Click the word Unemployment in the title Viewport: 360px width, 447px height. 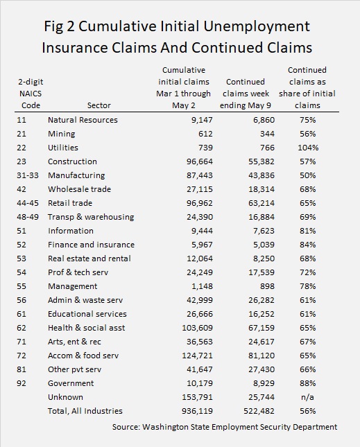257,27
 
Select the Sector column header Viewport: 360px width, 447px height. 98,105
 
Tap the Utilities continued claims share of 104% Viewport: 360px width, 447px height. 308,148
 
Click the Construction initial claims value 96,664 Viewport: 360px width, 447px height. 200,161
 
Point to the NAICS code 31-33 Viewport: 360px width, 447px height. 27,175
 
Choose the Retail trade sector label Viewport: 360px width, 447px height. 70,203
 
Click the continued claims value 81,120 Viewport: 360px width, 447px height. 262,356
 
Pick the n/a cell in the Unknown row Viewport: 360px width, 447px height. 307,397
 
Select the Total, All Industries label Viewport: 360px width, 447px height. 85,411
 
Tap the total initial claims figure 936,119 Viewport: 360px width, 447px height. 197,411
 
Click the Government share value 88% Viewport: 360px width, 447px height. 307,383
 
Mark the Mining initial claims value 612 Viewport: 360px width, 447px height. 205,134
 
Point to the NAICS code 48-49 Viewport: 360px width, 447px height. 27,217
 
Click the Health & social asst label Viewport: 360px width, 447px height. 86,328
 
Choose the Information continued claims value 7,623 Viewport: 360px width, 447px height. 264,231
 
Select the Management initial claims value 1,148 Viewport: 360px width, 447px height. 202,286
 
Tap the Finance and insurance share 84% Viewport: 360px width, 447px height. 307,245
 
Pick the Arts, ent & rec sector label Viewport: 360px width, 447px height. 74,342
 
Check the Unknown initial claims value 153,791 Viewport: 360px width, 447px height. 197,397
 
